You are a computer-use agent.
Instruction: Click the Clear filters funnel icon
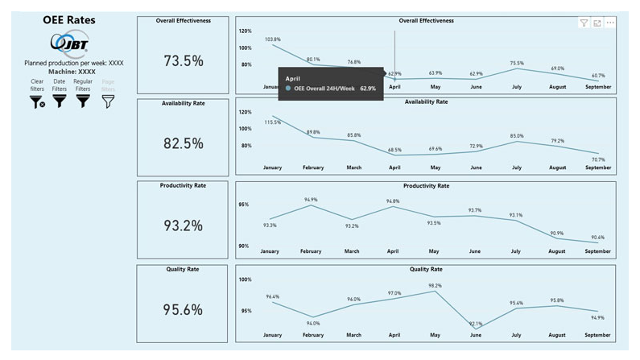(x=37, y=101)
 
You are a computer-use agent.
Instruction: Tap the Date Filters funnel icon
(x=60, y=101)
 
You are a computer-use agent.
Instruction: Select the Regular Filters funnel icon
(x=83, y=101)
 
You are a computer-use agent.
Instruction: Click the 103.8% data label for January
(x=272, y=39)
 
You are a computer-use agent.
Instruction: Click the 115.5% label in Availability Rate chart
(x=272, y=122)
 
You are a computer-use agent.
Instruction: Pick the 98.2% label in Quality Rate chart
(x=435, y=286)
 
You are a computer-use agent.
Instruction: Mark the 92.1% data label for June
(x=476, y=324)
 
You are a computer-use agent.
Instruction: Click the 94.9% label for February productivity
(x=312, y=199)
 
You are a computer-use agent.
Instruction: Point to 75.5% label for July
(x=516, y=63)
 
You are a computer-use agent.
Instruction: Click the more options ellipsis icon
(x=610, y=23)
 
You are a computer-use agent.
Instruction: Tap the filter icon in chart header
(x=584, y=23)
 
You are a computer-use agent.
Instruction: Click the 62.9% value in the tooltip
(x=368, y=88)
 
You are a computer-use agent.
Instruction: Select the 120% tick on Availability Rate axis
(x=245, y=112)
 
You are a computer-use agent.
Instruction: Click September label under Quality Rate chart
(x=597, y=334)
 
